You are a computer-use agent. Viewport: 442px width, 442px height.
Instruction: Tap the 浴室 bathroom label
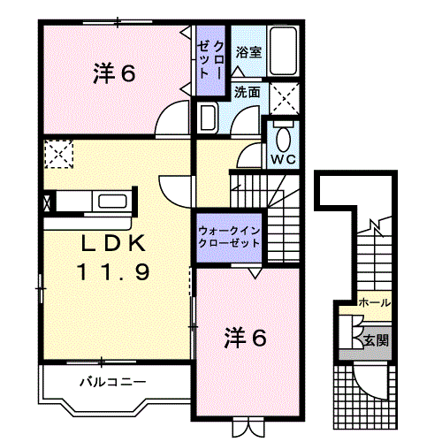[x=248, y=52]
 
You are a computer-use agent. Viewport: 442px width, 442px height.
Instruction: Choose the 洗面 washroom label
[x=248, y=91]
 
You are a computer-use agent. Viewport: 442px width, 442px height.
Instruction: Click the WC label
[x=282, y=159]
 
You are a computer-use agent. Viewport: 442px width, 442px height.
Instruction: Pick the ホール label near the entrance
[x=375, y=303]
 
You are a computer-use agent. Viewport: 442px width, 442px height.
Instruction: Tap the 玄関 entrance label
[x=375, y=340]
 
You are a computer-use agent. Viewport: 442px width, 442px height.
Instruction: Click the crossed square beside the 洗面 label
[x=284, y=95]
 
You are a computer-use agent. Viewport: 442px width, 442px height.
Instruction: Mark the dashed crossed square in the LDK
[x=59, y=155]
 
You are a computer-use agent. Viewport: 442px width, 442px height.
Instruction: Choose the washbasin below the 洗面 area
[x=209, y=118]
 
